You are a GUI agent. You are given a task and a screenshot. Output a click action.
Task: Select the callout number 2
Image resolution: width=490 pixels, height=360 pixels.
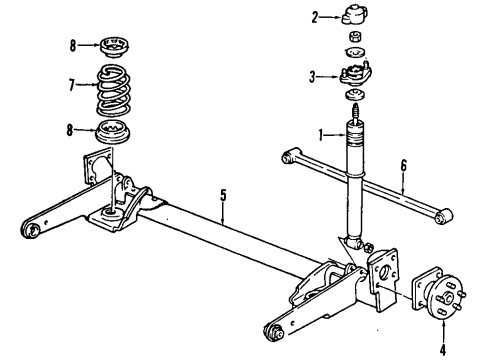314,16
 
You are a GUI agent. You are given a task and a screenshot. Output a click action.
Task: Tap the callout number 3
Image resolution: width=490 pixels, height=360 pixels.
314,76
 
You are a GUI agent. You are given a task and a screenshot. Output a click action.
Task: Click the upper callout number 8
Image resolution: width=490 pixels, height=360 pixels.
72,44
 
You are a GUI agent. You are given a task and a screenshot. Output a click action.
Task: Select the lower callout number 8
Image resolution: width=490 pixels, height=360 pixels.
72,128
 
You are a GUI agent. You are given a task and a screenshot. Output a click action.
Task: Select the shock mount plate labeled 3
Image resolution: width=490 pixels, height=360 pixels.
358,74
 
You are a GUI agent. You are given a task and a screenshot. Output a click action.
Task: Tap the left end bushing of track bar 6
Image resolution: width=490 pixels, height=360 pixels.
289,155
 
